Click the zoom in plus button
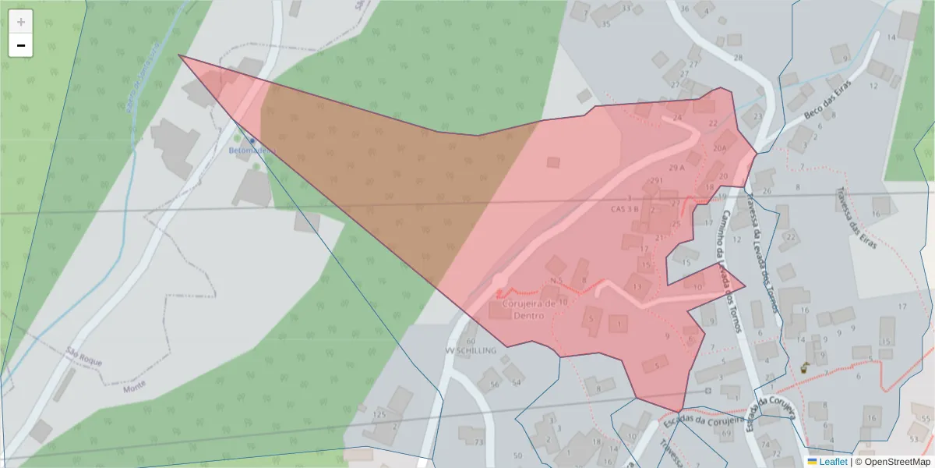21,22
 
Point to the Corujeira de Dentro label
529,309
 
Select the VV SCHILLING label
470,351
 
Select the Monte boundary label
135,385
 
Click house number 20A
719,147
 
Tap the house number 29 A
676,168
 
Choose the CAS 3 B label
625,209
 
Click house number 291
656,181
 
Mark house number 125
379,413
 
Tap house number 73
478,442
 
